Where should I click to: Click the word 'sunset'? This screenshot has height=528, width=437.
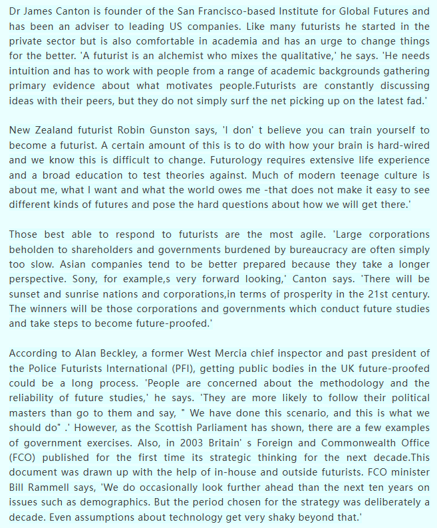pyautogui.click(x=27, y=294)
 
